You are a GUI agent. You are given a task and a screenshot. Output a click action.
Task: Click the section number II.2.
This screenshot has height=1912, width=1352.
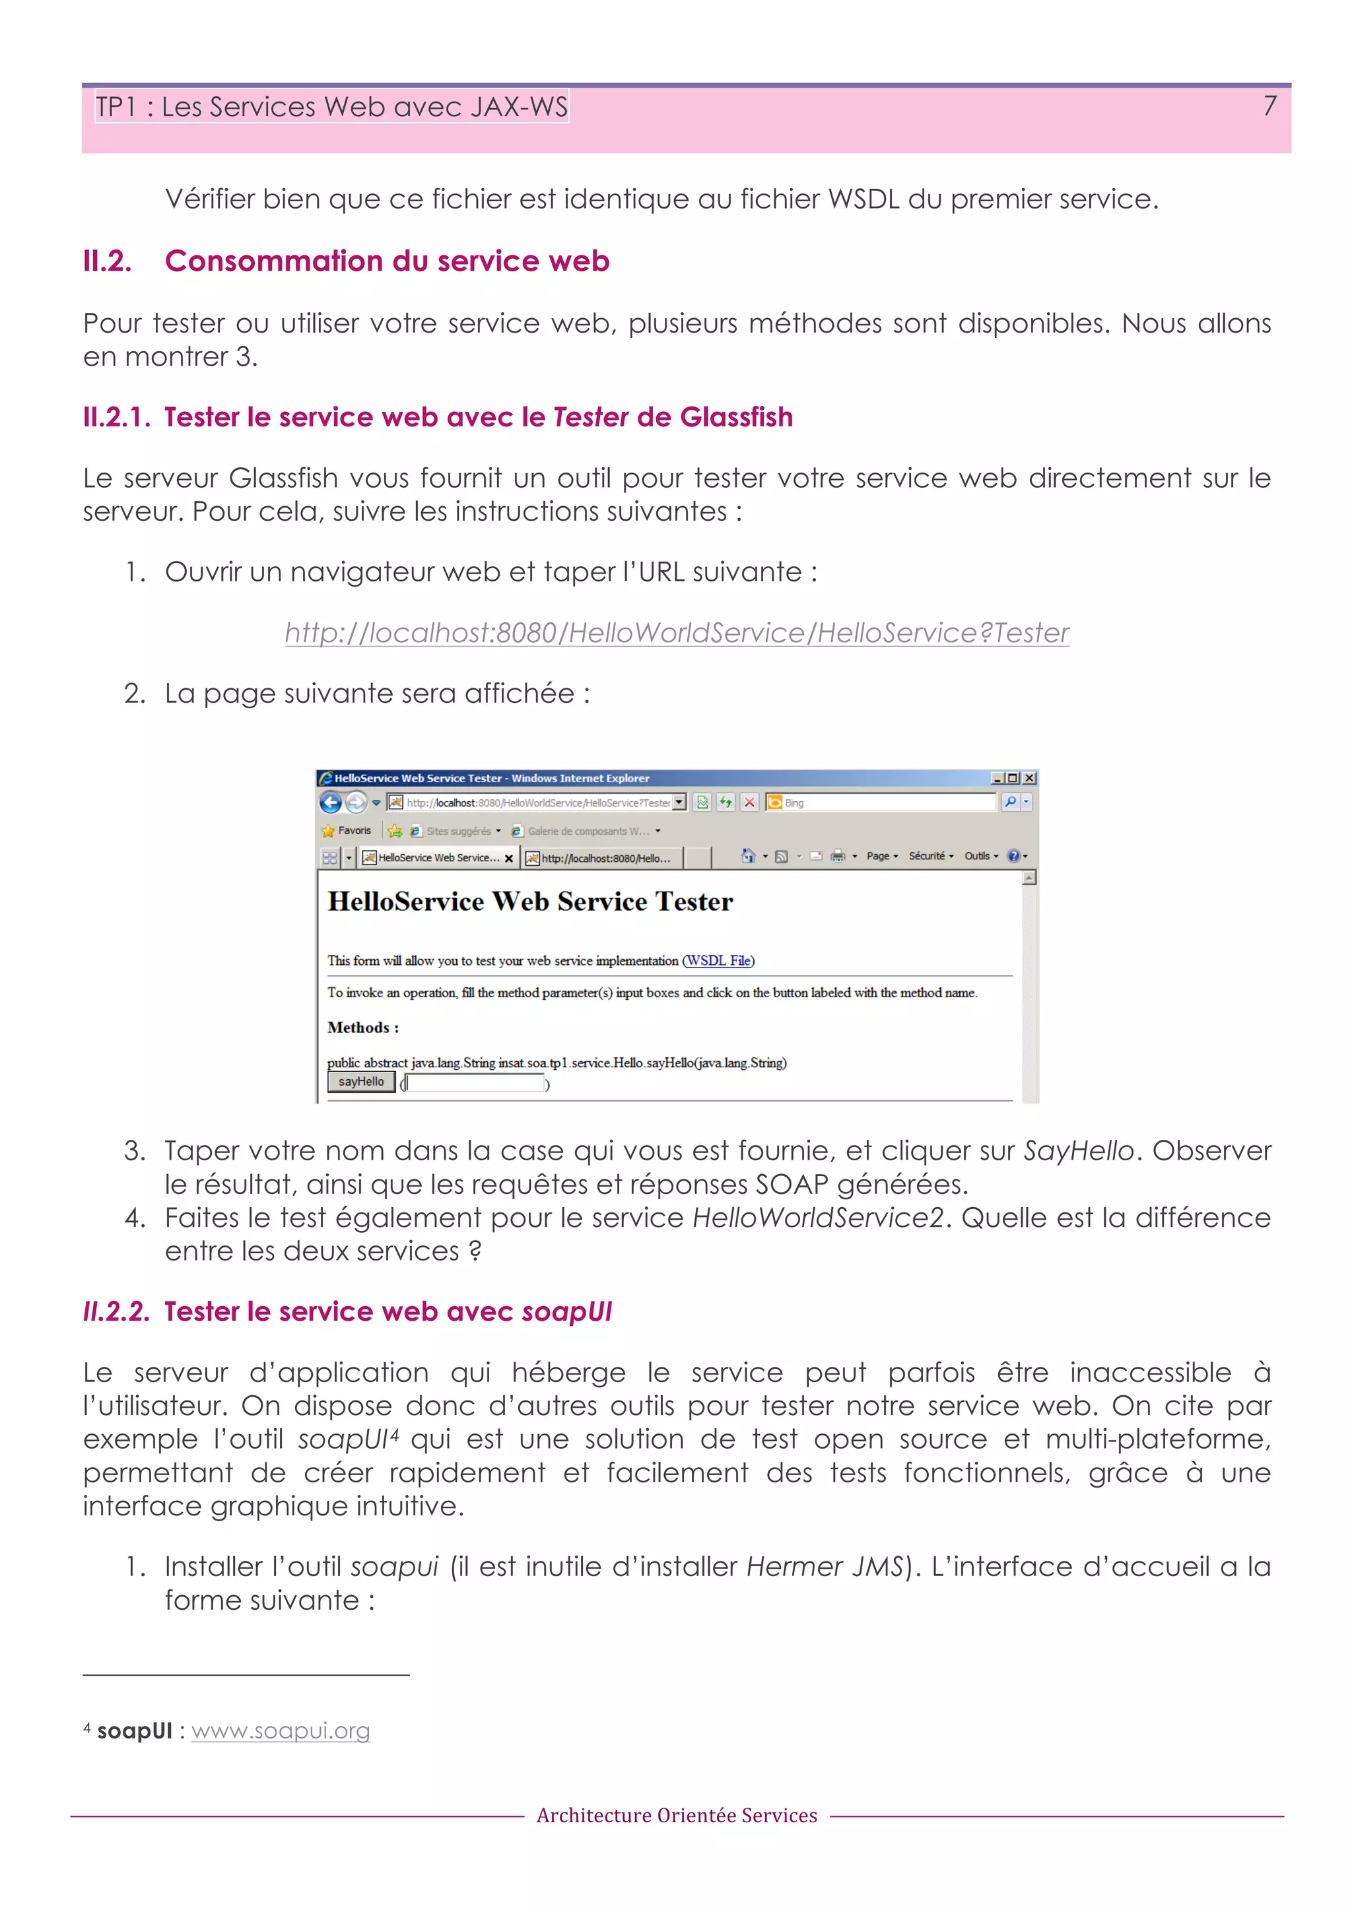point(108,261)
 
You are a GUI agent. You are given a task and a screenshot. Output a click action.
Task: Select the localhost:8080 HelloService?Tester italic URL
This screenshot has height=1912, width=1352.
point(677,633)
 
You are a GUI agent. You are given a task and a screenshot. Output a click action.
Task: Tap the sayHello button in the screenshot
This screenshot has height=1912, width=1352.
point(360,1082)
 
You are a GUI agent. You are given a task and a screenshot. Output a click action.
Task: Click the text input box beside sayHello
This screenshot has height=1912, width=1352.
point(475,1082)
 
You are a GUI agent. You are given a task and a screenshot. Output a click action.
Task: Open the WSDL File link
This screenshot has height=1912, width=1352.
point(718,960)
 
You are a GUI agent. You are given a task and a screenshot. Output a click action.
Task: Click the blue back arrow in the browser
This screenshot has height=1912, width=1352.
point(331,802)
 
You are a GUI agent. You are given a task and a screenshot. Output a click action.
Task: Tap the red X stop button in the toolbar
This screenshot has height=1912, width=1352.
point(749,802)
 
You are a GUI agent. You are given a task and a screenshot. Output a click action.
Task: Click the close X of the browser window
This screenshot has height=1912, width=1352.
point(1030,777)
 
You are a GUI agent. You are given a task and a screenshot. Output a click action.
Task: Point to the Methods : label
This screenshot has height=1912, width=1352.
point(362,1028)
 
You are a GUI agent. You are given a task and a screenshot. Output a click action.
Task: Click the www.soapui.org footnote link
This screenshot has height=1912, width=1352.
point(281,1731)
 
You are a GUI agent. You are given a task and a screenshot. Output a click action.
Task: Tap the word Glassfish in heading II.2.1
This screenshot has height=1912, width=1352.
point(735,417)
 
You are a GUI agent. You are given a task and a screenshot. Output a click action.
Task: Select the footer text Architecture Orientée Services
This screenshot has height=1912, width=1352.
point(677,1816)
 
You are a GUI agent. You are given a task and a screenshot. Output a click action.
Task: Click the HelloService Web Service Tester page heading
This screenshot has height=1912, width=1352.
point(530,902)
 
